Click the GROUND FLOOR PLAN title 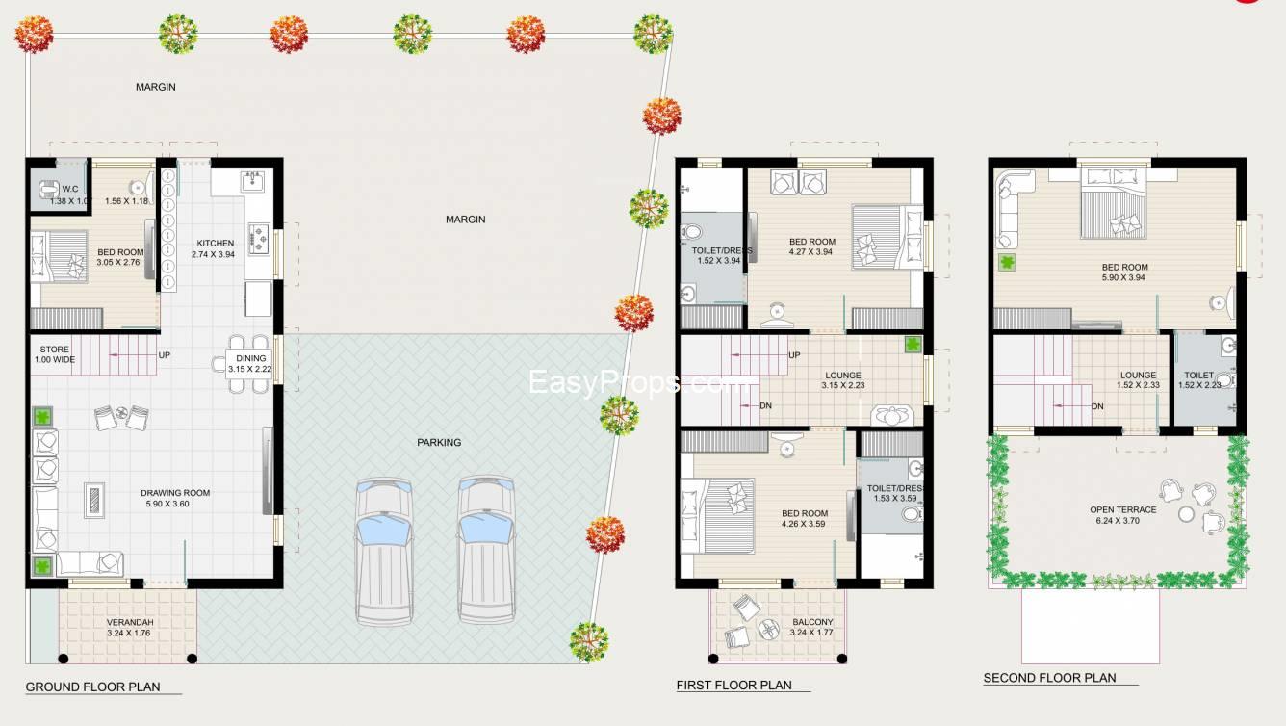click(x=92, y=687)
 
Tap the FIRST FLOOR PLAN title click(x=733, y=686)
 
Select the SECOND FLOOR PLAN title click(x=1049, y=678)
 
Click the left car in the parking click(x=384, y=550)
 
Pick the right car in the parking click(x=487, y=550)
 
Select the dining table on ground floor click(x=247, y=363)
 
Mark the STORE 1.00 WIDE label click(x=55, y=354)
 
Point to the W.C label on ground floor click(x=69, y=189)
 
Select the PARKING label click(x=439, y=443)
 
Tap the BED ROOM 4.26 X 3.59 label click(x=804, y=519)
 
